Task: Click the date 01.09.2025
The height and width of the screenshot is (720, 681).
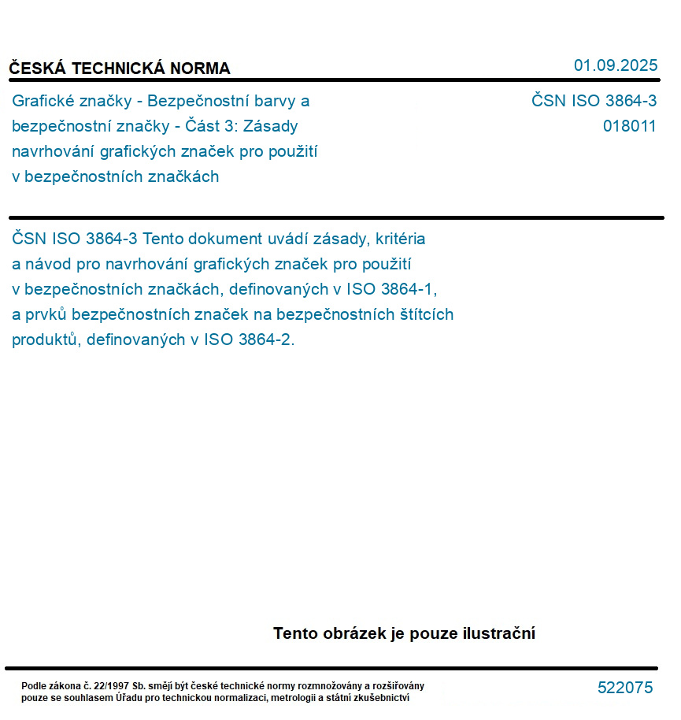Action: tap(615, 65)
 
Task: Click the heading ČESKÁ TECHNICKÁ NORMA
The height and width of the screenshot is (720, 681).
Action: tap(120, 69)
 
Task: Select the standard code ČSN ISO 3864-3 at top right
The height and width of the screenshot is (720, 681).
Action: tap(594, 101)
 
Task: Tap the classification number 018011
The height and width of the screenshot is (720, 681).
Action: tap(629, 126)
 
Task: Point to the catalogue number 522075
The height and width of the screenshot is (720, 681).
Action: tap(625, 688)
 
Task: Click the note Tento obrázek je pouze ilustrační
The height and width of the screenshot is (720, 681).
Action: tap(404, 633)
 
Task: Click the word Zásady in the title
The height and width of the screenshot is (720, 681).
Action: tap(272, 126)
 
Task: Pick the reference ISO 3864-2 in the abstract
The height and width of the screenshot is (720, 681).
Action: tap(248, 340)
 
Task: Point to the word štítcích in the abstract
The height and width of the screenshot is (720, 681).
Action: tap(425, 315)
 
